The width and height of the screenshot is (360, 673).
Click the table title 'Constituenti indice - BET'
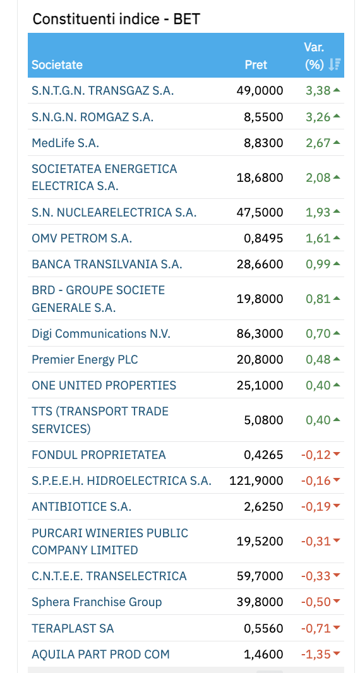[x=116, y=19]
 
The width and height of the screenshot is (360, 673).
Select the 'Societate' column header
[x=57, y=65]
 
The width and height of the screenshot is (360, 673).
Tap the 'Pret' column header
[x=256, y=65]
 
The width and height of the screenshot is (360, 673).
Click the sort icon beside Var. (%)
[x=334, y=64]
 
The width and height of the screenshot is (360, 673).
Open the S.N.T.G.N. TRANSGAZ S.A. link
[x=103, y=90]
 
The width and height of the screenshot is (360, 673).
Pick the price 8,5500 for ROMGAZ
[x=263, y=117]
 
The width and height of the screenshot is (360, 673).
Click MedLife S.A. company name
[x=65, y=143]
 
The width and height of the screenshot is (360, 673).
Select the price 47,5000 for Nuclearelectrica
[x=260, y=212]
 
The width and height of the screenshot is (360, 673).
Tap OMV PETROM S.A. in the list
[x=81, y=238]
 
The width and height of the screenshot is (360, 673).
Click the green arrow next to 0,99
[x=337, y=264]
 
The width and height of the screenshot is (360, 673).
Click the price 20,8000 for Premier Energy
[x=260, y=359]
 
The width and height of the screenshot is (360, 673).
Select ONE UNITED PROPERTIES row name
[x=104, y=386]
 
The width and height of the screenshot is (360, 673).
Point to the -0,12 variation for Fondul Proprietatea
[x=316, y=455]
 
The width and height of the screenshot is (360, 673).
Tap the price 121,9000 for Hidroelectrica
[x=256, y=480]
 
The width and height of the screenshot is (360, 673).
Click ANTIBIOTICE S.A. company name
[x=81, y=506]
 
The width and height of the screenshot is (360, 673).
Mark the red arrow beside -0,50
[x=337, y=602]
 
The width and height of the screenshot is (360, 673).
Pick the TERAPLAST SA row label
[x=73, y=628]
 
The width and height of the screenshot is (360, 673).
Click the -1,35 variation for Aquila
[x=316, y=654]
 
